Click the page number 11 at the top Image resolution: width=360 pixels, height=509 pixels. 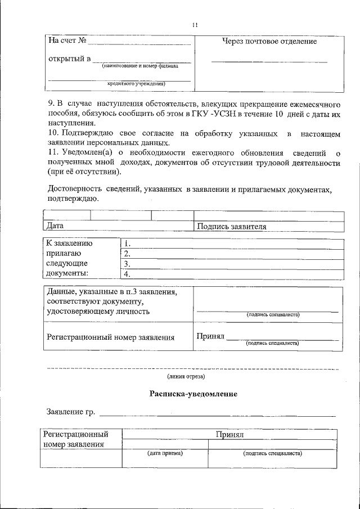click(x=195, y=25)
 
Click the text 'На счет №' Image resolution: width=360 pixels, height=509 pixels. click(x=67, y=41)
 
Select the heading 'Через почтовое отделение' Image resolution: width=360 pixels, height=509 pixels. click(x=269, y=42)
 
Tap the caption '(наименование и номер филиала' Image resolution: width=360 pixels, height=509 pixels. click(x=140, y=66)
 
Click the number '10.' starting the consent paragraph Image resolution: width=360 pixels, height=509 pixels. click(x=55, y=133)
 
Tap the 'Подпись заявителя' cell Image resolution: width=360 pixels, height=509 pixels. click(x=231, y=227)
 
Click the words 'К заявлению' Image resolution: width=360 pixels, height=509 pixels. click(x=70, y=244)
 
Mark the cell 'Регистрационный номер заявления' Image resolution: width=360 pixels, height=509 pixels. click(x=110, y=337)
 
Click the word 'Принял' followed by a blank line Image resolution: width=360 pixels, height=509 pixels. click(x=210, y=336)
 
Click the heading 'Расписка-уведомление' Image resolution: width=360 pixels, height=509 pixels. click(x=193, y=394)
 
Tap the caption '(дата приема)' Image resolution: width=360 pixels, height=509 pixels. click(x=165, y=453)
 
